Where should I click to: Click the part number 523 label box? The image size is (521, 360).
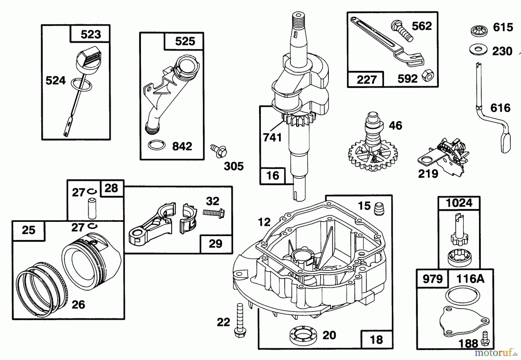[90, 34]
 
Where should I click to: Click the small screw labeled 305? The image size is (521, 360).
[219, 151]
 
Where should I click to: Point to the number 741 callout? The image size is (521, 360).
[272, 137]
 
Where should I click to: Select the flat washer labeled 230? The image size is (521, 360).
[478, 49]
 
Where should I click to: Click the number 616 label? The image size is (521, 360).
[500, 108]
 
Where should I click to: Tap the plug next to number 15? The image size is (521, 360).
[379, 209]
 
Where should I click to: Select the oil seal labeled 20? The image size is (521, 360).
[302, 335]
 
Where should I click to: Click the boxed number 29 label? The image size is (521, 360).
[216, 244]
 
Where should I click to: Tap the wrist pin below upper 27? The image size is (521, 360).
[92, 208]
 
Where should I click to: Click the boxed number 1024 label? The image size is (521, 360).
[459, 203]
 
